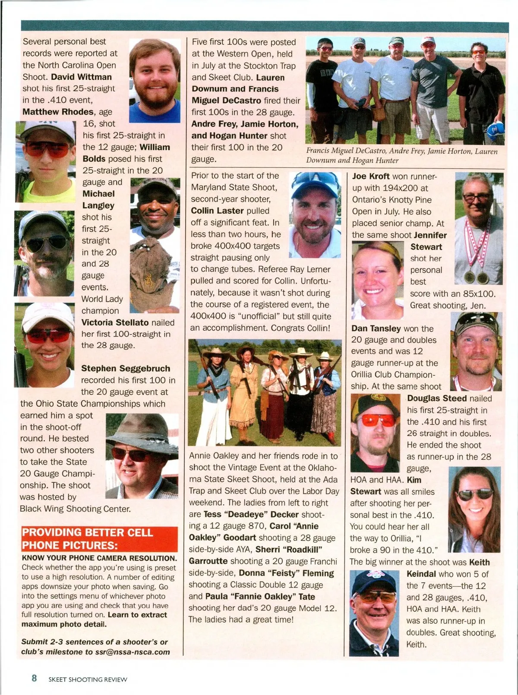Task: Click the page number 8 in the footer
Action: tap(34, 678)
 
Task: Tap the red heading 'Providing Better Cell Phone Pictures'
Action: tap(99, 539)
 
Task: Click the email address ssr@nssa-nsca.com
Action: tap(133, 652)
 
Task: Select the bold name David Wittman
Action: tap(81, 77)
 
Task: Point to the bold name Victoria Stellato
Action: tap(115, 322)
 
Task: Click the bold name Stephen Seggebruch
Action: tap(126, 368)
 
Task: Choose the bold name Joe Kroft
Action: tap(371, 176)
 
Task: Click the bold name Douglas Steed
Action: tap(436, 398)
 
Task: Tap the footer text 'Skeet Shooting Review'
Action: tap(88, 679)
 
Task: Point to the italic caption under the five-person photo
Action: tap(401, 156)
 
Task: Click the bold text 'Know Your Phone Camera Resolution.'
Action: tap(99, 558)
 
